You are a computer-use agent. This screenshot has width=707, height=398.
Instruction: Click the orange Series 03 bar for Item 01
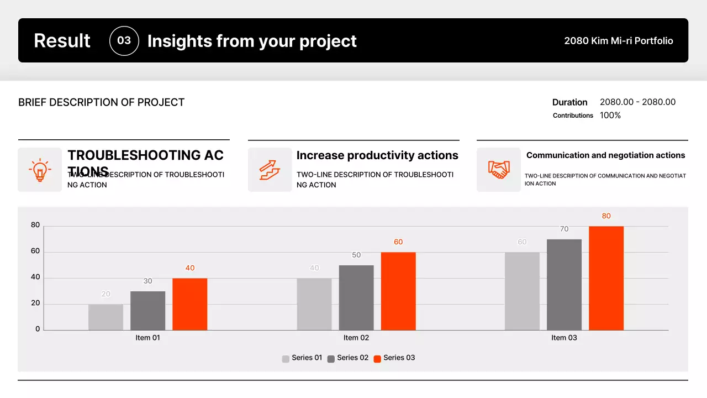(x=189, y=304)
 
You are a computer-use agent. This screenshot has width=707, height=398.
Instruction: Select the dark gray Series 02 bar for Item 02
(x=356, y=297)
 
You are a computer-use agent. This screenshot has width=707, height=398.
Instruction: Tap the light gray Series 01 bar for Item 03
(x=522, y=291)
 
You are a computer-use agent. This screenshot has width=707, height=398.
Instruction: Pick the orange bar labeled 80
(x=606, y=278)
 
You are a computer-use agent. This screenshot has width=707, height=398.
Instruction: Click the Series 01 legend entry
(x=302, y=358)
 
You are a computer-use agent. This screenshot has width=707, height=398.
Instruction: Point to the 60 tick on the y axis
(x=35, y=251)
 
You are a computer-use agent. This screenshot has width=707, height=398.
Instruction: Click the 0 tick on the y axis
(x=38, y=329)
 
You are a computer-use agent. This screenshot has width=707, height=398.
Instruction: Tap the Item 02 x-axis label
(x=356, y=338)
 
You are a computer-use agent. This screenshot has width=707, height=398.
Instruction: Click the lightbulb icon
(x=40, y=170)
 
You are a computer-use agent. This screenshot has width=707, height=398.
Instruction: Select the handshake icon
(x=499, y=170)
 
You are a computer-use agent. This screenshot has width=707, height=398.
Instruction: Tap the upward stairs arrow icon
(x=270, y=170)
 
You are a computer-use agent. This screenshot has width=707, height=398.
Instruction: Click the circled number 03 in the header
(x=124, y=41)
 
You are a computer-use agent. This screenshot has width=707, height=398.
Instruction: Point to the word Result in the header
(x=62, y=41)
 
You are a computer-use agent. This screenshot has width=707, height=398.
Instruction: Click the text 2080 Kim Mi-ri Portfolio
(x=618, y=41)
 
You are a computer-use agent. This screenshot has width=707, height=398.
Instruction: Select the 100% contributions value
(x=610, y=116)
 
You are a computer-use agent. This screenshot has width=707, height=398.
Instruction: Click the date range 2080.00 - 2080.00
(x=637, y=102)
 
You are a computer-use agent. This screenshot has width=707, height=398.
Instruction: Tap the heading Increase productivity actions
(x=377, y=155)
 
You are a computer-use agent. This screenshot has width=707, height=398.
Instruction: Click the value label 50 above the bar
(x=356, y=255)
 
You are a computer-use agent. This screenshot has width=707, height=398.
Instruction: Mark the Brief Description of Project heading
(x=101, y=102)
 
